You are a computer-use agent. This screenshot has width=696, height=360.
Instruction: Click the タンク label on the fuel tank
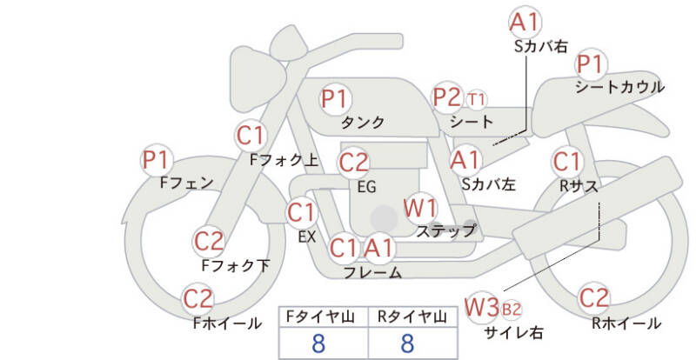tap(363, 122)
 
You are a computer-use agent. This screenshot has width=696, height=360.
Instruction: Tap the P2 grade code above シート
tap(447, 97)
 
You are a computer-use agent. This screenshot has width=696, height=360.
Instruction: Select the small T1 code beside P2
tap(476, 99)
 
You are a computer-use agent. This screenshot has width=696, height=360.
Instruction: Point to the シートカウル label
tap(619, 87)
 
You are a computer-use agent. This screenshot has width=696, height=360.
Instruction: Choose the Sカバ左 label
tap(489, 183)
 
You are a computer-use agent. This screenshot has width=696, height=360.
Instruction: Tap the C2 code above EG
tap(353, 163)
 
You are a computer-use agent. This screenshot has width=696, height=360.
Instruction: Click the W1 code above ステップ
tap(421, 208)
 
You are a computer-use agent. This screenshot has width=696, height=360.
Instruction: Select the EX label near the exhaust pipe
tap(307, 237)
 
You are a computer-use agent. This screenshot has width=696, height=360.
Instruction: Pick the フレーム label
tap(373, 272)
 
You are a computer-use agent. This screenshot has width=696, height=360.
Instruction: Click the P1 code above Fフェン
tap(156, 160)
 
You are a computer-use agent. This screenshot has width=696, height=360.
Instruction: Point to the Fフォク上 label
tap(284, 160)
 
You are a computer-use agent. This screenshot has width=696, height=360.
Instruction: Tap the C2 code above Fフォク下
tap(209, 241)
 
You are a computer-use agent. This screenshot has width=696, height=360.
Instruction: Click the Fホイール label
tap(227, 323)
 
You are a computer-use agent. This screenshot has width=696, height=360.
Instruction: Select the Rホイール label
tap(626, 323)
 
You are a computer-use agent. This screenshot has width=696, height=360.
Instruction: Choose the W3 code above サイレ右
tap(482, 307)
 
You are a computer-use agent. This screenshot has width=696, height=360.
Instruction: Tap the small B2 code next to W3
tap(511, 309)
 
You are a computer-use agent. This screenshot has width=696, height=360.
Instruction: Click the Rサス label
tap(579, 186)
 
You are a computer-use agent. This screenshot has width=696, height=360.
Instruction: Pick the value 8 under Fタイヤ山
tap(318, 343)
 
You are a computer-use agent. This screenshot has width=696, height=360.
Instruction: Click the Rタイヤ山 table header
tap(412, 317)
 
